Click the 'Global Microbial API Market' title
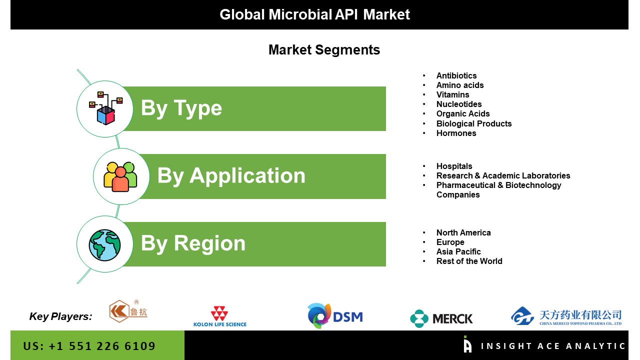(314, 14)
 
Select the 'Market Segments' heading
(324, 50)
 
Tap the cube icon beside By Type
(105, 108)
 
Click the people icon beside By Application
(120, 176)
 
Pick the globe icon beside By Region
(104, 245)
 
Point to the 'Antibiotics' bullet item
(456, 75)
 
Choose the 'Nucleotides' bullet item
(459, 104)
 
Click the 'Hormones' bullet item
(456, 133)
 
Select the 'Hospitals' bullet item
(454, 166)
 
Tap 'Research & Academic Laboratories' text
(503, 175)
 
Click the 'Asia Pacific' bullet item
(458, 251)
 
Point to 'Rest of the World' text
(469, 261)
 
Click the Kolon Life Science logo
(220, 316)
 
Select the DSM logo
(335, 315)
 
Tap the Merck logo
(441, 318)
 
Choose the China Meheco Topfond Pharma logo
(566, 316)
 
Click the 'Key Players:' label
(60, 316)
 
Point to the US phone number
(89, 346)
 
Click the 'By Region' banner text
(193, 243)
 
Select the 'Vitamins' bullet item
(452, 95)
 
